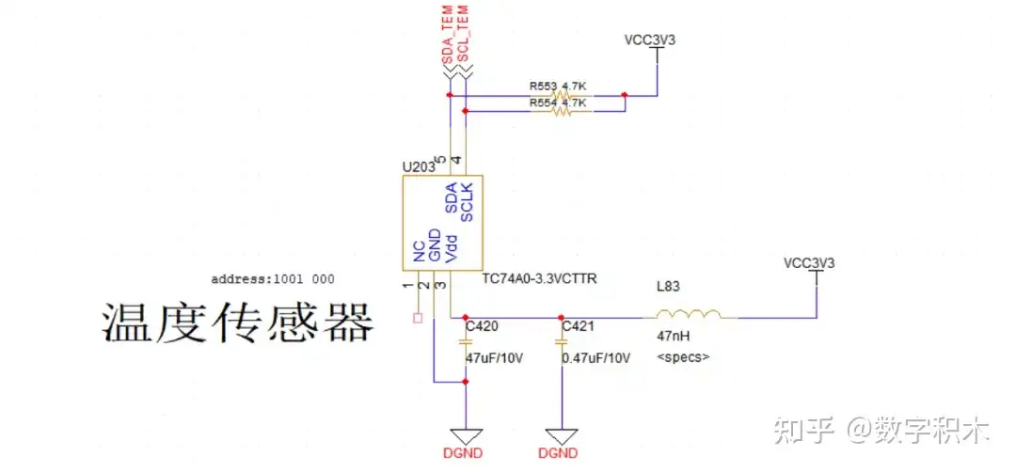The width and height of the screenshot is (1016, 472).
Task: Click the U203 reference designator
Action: (x=418, y=167)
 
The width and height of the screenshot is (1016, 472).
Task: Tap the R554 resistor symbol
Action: (x=562, y=111)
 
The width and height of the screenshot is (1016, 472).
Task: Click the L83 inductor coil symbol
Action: (x=690, y=314)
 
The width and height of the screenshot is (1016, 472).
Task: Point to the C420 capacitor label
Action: (x=482, y=327)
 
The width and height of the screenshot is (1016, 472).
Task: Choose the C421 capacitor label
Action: (x=579, y=327)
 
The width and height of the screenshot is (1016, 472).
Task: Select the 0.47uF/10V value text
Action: (x=595, y=358)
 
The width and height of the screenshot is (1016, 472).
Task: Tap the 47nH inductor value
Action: (x=673, y=335)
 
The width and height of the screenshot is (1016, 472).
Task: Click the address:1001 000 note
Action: (x=273, y=279)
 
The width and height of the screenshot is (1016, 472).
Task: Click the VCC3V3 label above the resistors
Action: (x=650, y=41)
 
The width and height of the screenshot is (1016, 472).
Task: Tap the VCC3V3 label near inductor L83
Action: (x=809, y=262)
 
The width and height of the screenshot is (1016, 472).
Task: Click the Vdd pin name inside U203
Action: (x=450, y=248)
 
